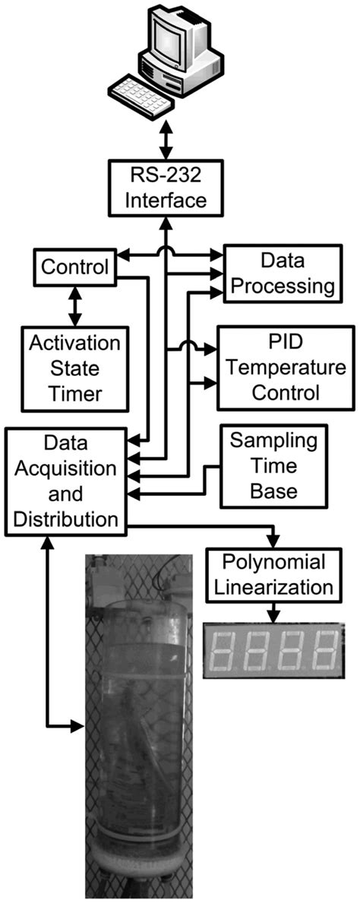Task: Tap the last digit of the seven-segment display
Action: pyautogui.click(x=325, y=650)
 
